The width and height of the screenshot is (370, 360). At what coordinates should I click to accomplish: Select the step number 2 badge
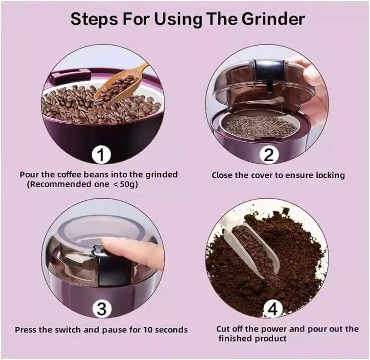tap(269, 155)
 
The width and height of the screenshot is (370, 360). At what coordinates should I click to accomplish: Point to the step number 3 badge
tap(101, 309)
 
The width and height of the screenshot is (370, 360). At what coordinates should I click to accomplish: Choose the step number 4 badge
tap(272, 309)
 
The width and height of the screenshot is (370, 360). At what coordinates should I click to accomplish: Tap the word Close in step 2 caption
tap(222, 175)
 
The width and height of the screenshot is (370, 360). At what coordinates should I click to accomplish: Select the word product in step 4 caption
tap(271, 339)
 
